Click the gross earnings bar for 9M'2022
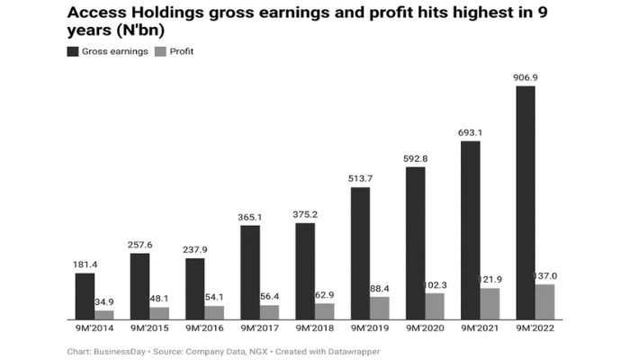click(x=525, y=202)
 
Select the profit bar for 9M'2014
click(x=104, y=315)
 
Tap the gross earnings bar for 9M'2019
click(x=360, y=253)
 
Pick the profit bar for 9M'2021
click(x=490, y=303)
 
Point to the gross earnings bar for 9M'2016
click(x=195, y=288)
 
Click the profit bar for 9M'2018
click(x=325, y=310)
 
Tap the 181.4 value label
click(x=85, y=265)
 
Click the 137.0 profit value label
click(x=547, y=276)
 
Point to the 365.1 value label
click(x=250, y=217)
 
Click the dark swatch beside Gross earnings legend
click(x=72, y=51)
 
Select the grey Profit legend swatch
click(x=160, y=51)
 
